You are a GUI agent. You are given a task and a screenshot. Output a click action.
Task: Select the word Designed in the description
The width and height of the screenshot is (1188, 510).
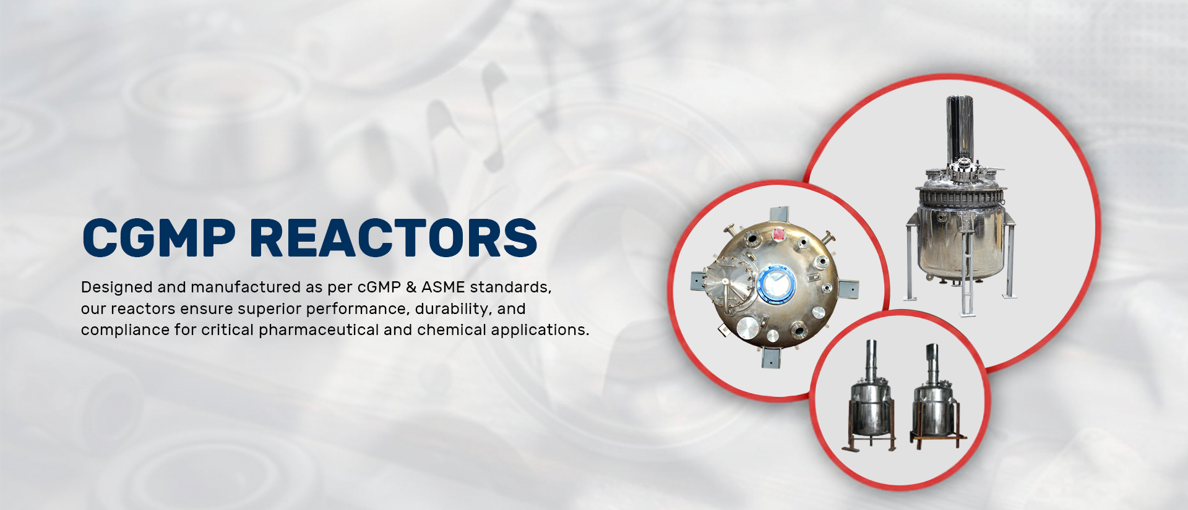click(x=117, y=287)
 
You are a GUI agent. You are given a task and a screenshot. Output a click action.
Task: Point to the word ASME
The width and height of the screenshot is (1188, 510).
click(x=443, y=287)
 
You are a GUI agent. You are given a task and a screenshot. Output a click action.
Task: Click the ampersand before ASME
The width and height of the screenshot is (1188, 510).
click(x=411, y=287)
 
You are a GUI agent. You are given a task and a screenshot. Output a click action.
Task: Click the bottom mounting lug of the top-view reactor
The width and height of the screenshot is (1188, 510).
click(x=772, y=358)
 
